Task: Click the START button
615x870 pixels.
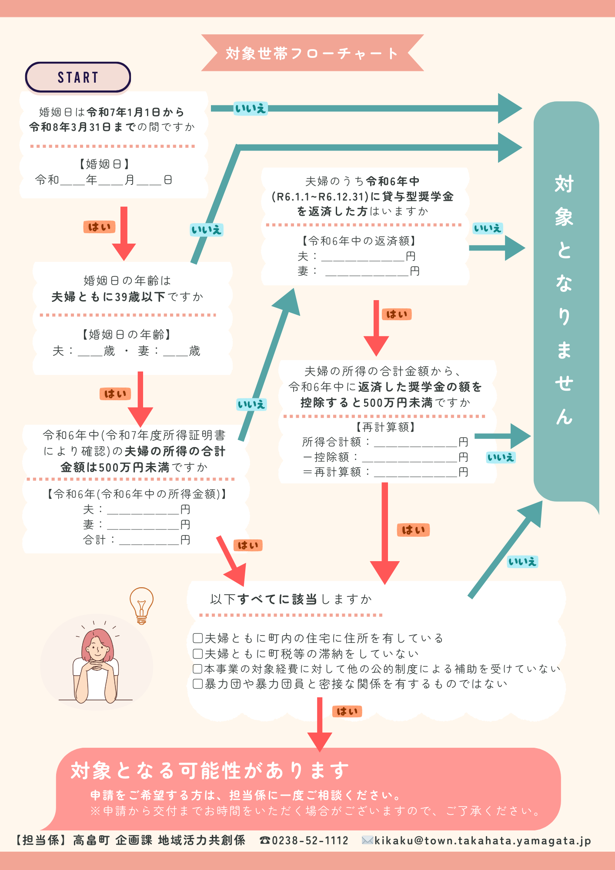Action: [78, 77]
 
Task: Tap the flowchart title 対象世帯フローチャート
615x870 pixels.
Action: [312, 53]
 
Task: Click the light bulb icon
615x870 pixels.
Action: [141, 605]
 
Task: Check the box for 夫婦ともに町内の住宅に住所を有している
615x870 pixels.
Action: [197, 638]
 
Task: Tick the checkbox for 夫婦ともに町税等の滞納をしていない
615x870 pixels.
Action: [197, 653]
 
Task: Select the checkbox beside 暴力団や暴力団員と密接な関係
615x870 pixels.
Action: [197, 684]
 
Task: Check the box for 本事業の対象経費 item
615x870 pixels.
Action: [197, 669]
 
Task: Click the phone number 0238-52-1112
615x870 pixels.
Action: [310, 840]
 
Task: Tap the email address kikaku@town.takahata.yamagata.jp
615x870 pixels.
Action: [483, 840]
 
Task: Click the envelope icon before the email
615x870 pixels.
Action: [368, 840]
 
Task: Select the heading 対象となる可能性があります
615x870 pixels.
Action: [210, 770]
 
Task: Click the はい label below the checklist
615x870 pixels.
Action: [347, 712]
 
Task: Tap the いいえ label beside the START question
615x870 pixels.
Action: [250, 108]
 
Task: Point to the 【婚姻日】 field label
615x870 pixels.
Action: [104, 164]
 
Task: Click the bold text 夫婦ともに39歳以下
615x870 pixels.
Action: [108, 297]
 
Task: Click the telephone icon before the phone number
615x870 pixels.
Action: [265, 840]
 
